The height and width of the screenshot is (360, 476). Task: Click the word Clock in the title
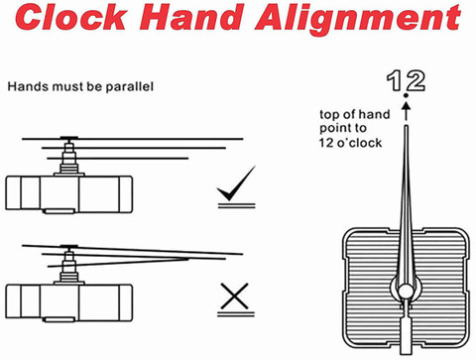71,17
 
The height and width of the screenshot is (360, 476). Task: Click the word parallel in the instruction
130,87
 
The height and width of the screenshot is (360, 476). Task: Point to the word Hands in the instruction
29,86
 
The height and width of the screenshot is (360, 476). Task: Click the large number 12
406,81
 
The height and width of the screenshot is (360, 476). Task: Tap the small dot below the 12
407,96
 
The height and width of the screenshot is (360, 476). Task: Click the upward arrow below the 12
407,111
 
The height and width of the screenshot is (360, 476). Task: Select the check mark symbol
236,182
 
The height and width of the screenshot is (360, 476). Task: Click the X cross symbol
235,296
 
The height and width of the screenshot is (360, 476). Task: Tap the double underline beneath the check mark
237,206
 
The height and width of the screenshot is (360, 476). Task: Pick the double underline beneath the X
236,314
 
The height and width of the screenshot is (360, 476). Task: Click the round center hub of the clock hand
406,292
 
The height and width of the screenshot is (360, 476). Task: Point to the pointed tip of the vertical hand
407,126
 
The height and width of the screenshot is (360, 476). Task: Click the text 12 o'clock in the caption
350,143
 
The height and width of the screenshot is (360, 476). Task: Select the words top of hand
355,114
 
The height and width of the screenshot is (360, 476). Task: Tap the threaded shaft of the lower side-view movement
68,267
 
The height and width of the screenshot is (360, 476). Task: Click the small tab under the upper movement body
59,211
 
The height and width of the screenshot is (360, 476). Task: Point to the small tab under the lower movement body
59,319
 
